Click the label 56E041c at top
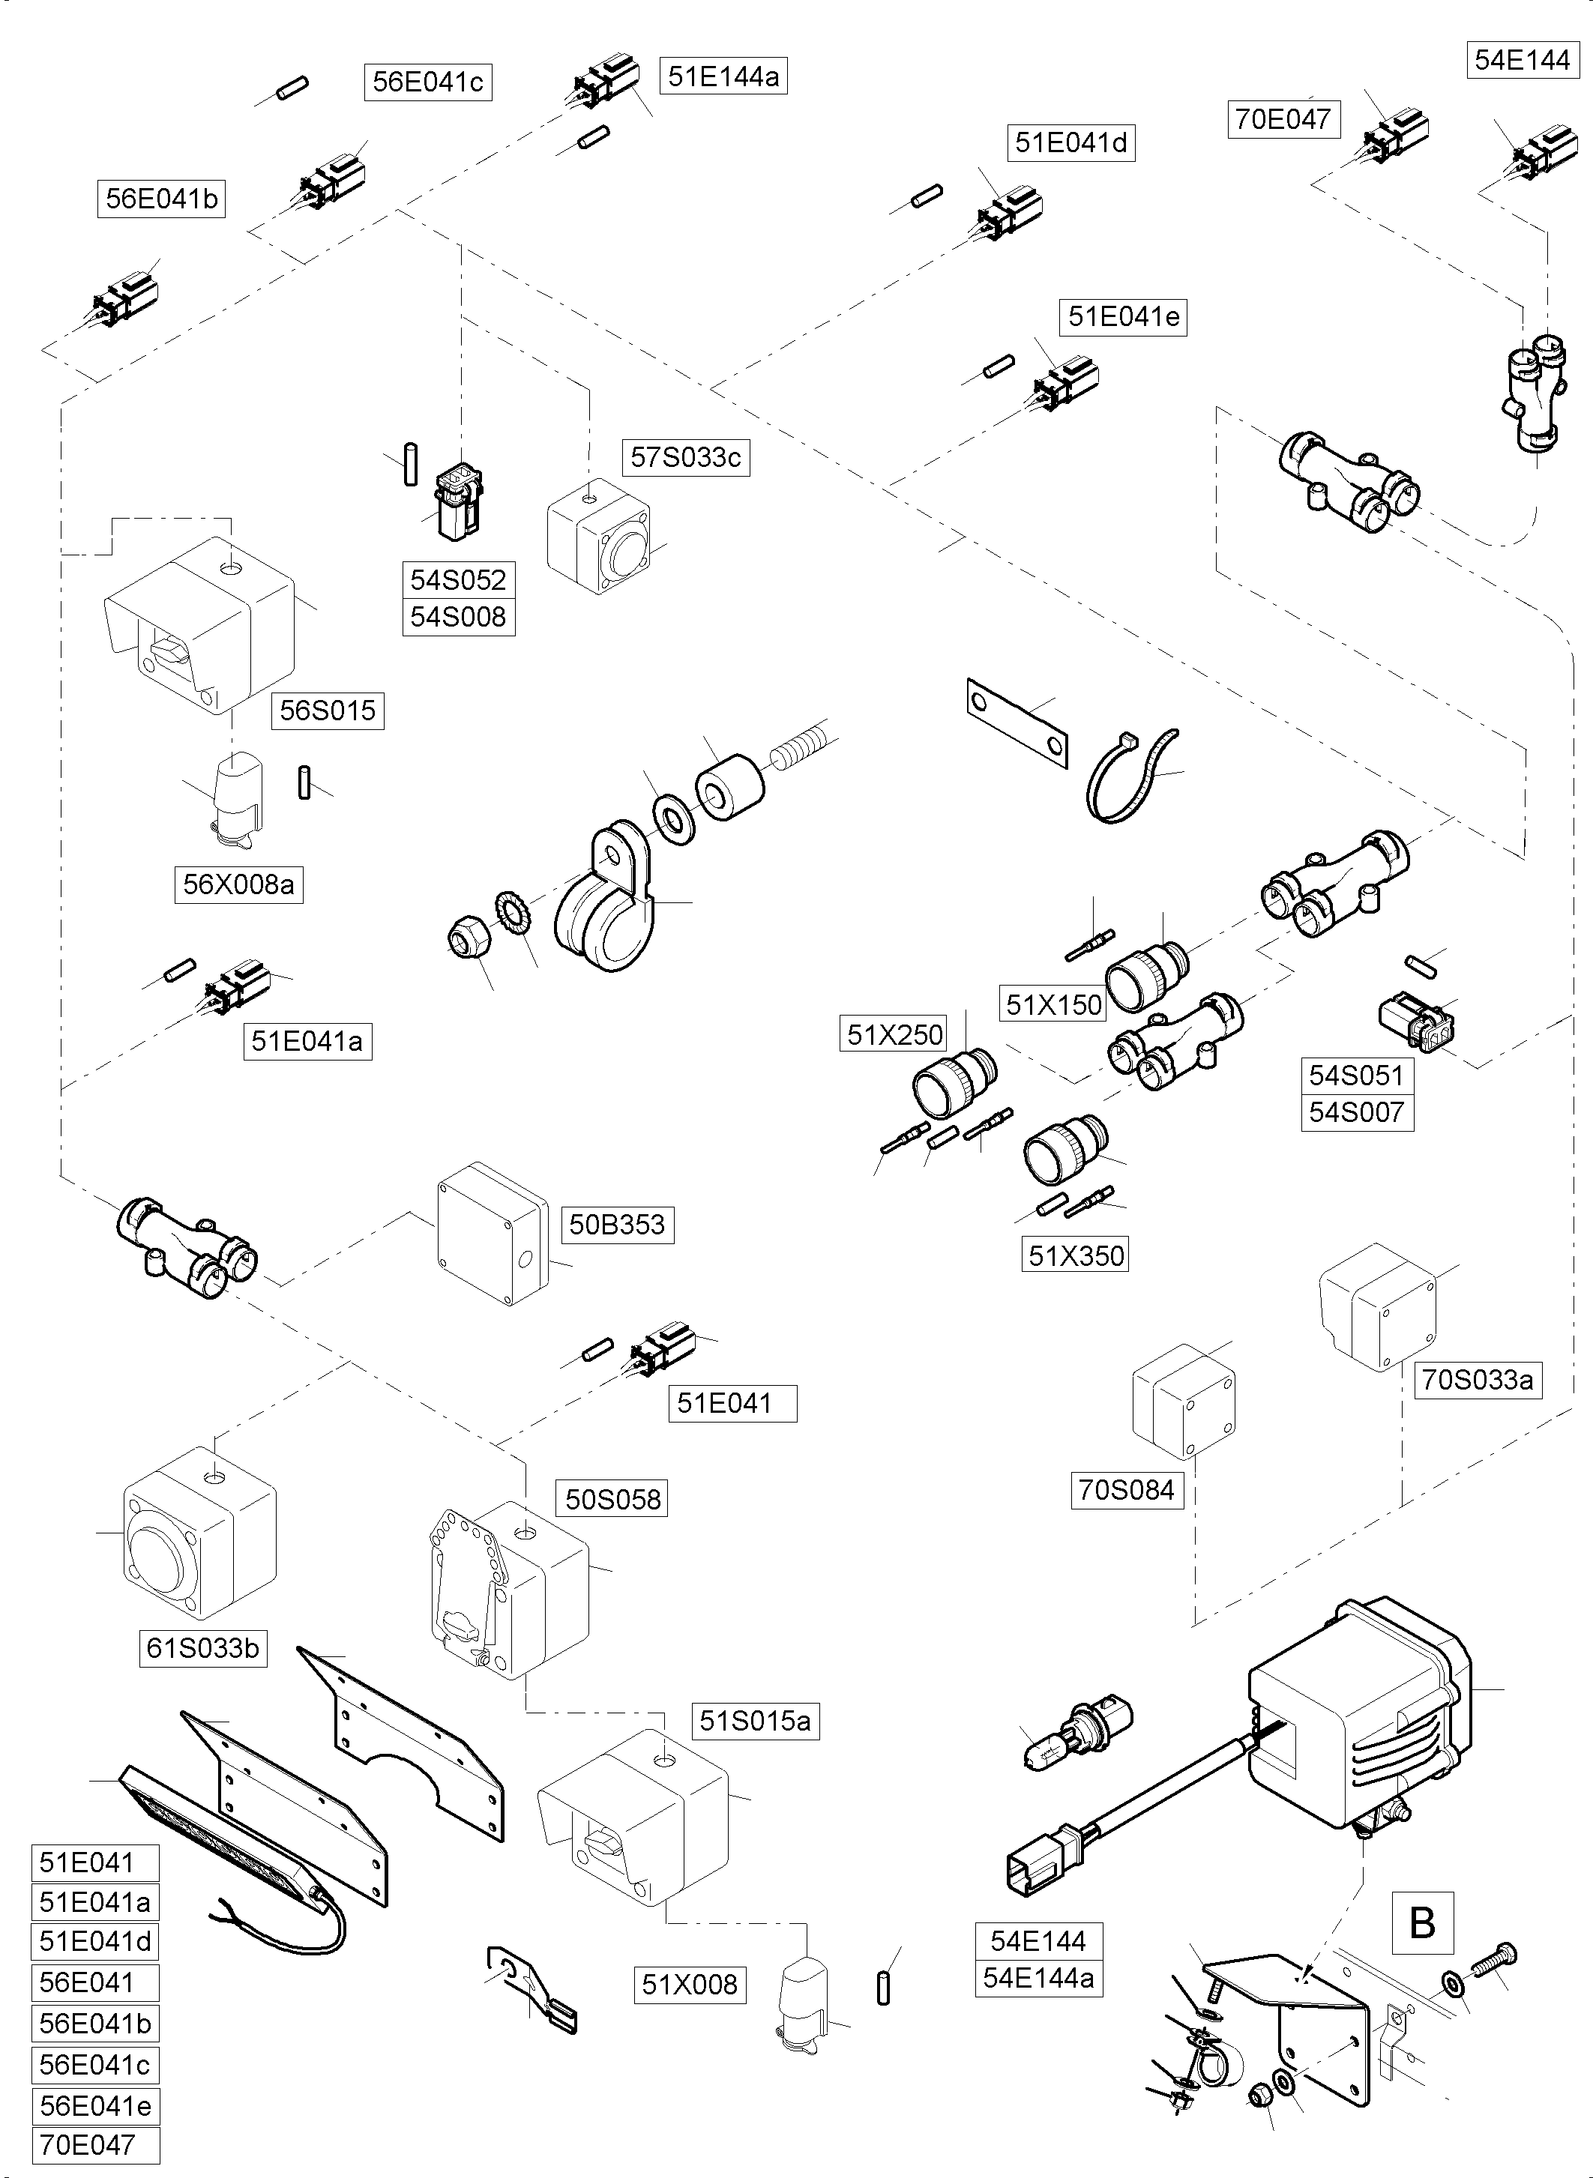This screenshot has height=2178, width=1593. [427, 82]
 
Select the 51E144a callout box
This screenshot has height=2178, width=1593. [723, 76]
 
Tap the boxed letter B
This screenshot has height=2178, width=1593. [1422, 1922]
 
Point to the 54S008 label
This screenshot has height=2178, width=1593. [458, 617]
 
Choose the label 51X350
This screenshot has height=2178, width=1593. [1075, 1255]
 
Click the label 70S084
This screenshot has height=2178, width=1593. [1126, 1490]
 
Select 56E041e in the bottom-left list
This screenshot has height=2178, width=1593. [95, 2106]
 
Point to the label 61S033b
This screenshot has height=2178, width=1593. [202, 1647]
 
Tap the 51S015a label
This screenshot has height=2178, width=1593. [755, 1721]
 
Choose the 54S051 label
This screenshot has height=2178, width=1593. [1356, 1075]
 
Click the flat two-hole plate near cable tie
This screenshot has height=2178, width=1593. [1017, 723]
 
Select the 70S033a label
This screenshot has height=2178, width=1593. [1476, 1380]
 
